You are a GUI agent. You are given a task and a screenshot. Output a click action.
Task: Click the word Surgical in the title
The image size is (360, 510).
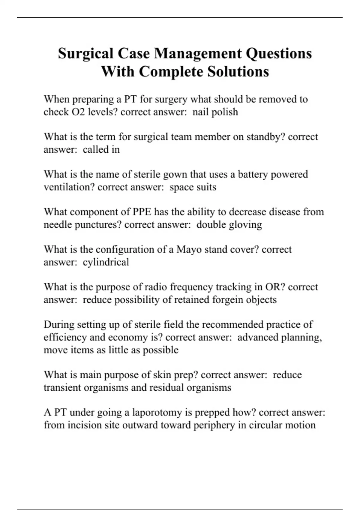coord(86,54)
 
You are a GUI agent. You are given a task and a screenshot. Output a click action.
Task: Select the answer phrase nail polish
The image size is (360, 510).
coord(215,112)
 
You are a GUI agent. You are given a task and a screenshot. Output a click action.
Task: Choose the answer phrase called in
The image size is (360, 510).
coord(101,149)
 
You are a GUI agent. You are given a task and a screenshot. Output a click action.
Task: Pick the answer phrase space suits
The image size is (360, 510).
coord(193,187)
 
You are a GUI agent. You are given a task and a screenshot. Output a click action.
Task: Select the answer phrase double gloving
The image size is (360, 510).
coord(229,225)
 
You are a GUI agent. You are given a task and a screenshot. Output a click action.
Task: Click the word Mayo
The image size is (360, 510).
coord(189,249)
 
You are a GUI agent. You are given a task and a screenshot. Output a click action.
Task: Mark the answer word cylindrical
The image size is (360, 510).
coord(106,262)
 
